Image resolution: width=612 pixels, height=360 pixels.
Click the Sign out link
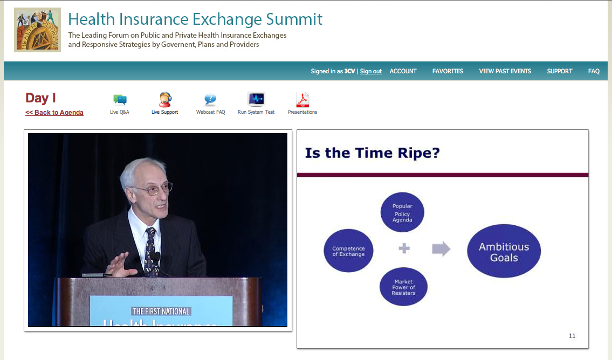pyautogui.click(x=371, y=71)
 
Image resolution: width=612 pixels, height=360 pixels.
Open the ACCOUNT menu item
pyautogui.click(x=403, y=71)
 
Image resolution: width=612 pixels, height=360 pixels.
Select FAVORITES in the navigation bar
pyautogui.click(x=448, y=71)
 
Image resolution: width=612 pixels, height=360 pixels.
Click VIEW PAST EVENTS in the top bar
pyautogui.click(x=505, y=71)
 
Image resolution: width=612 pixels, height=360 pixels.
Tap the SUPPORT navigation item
pyautogui.click(x=559, y=71)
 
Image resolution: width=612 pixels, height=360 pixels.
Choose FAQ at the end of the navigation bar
pyautogui.click(x=594, y=71)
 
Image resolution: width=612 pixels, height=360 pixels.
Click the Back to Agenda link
pyautogui.click(x=54, y=112)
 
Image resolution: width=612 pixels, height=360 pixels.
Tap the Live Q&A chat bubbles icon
pyautogui.click(x=120, y=100)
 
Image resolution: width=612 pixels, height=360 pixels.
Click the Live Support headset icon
pyautogui.click(x=165, y=100)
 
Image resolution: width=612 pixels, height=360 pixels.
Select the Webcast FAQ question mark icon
pyautogui.click(x=210, y=100)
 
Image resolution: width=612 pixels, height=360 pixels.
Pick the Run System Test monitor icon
pyautogui.click(x=256, y=100)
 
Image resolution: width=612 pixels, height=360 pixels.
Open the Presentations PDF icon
pyautogui.click(x=302, y=100)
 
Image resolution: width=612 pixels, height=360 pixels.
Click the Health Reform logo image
pyautogui.click(x=37, y=30)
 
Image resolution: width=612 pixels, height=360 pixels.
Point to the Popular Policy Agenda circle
pyautogui.click(x=402, y=212)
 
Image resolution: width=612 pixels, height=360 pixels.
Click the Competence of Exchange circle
pyautogui.click(x=348, y=251)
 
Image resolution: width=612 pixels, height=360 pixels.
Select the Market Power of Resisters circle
pyautogui.click(x=403, y=287)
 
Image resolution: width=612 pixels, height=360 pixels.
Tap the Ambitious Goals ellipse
pyautogui.click(x=504, y=251)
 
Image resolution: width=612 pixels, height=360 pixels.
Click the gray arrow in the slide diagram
pyautogui.click(x=441, y=249)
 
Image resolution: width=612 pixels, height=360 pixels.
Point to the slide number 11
pyautogui.click(x=572, y=335)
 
